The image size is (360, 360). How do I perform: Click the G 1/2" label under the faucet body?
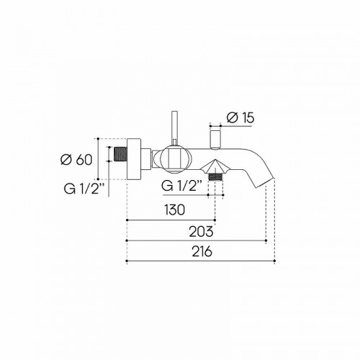(184, 185)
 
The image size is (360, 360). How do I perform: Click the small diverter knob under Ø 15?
(215, 136)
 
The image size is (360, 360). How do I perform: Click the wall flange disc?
(134, 156)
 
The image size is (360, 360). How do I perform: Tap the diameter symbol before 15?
(230, 116)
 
